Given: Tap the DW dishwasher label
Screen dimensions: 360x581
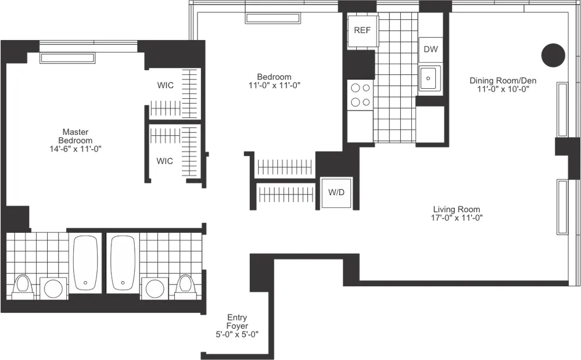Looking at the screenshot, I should coord(431,49).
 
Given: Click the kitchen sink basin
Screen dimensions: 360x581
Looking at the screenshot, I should coord(429,78).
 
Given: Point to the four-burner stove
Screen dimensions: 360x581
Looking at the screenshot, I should coord(360,95).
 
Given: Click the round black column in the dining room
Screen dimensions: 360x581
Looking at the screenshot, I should coord(553,55).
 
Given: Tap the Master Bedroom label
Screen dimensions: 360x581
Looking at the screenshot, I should coord(75,136).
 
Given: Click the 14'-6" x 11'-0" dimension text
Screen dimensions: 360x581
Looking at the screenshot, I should coord(75,149).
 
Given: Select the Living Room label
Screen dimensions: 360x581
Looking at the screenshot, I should coord(456,210).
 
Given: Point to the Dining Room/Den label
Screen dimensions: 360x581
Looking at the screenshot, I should coord(503,81).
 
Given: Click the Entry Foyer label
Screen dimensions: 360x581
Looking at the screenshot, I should coord(236,322).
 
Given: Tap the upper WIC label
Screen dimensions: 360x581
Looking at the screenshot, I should coord(165,85).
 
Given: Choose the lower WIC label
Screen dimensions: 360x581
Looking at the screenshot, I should coord(165,161).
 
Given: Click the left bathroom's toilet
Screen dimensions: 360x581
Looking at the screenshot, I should coord(22,285).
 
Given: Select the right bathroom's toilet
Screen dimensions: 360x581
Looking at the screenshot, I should coord(185,285).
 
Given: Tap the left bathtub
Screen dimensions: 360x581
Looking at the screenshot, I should coord(85,263).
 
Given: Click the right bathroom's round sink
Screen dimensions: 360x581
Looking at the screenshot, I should coord(155,288).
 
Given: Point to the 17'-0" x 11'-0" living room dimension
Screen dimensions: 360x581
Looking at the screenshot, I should coord(456,218).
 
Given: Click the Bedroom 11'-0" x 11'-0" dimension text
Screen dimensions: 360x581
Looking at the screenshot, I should coord(274,85).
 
